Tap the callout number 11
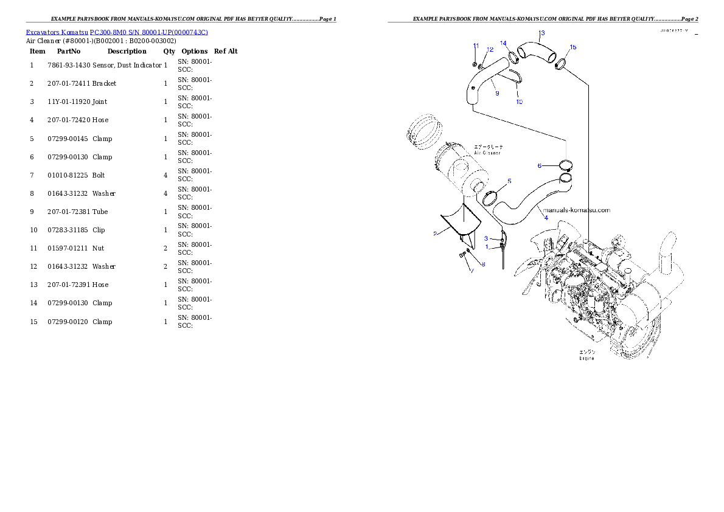(x=476, y=46)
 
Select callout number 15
(x=573, y=47)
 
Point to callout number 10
(x=519, y=102)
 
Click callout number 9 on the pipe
(x=496, y=94)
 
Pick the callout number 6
(x=539, y=165)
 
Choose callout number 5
(x=509, y=181)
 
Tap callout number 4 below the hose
(x=546, y=218)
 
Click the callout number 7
(x=471, y=270)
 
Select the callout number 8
(x=483, y=264)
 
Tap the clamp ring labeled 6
(x=565, y=164)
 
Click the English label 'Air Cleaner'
(x=488, y=153)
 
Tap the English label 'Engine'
(x=587, y=358)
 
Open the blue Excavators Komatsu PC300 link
(x=117, y=32)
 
